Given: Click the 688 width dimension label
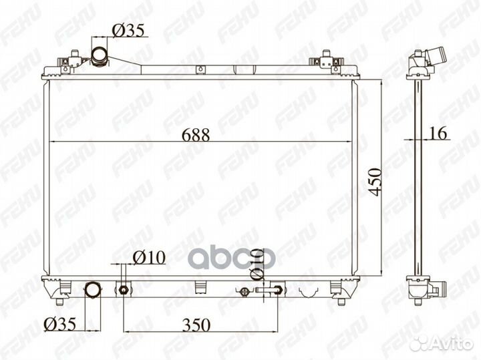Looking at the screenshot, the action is (196, 135).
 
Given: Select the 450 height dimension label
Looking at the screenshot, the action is (375, 182).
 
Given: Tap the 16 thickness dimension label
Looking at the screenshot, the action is (438, 133).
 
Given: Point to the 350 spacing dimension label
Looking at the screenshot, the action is (196, 325).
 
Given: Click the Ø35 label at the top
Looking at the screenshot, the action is (128, 31).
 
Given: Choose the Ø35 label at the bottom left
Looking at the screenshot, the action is (59, 324).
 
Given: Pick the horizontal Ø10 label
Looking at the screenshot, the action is (149, 258).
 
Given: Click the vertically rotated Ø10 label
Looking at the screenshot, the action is (257, 264).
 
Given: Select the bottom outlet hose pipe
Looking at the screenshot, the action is (93, 290).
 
